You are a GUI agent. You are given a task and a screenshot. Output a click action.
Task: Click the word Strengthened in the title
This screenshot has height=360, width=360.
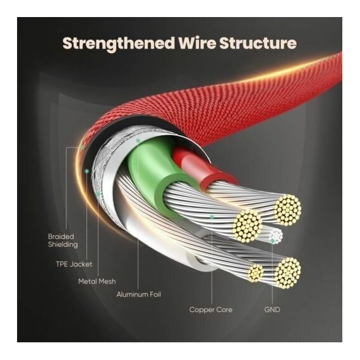point(118,44)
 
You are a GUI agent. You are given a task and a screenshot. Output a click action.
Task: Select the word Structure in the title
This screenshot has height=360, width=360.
point(258,43)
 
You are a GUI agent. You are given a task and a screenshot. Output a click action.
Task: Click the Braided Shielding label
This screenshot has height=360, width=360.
point(63,241)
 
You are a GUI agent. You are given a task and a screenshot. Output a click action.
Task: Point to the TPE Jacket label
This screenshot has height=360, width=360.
point(74,264)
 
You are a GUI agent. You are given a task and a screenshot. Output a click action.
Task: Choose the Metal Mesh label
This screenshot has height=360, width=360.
point(97,281)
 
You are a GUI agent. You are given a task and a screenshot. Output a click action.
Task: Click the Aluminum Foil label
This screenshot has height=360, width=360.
point(139,294)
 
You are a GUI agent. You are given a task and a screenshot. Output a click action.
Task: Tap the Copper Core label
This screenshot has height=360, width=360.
point(211,309)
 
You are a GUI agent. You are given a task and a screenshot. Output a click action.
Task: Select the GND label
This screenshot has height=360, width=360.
point(272,309)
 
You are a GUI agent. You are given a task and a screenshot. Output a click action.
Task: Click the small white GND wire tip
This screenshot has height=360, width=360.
point(276,236)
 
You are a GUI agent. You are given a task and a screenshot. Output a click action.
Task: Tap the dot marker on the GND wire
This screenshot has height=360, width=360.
point(272,241)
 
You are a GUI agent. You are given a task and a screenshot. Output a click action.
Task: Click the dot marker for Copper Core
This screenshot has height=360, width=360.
point(212,217)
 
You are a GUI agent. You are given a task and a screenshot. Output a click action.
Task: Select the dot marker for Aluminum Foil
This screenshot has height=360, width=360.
point(138,140)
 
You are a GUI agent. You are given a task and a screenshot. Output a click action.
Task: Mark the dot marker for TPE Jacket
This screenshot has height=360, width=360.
point(87,171)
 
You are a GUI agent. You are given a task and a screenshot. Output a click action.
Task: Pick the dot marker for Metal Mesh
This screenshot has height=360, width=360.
point(98,195)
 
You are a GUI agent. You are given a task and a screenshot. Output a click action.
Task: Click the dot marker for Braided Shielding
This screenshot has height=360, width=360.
point(82,147)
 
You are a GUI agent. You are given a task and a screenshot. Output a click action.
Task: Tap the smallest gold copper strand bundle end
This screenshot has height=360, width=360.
point(255,272)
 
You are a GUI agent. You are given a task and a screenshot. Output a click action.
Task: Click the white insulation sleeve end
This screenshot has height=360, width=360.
point(198,261)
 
